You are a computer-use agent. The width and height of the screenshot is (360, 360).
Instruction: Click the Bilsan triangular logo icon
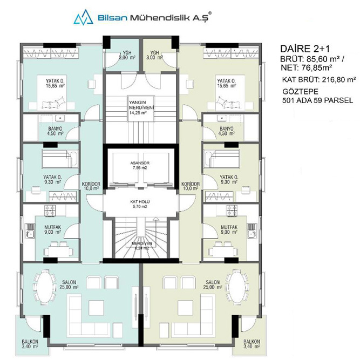point(83,17)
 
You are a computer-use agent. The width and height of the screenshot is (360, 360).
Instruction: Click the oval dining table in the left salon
point(45,286)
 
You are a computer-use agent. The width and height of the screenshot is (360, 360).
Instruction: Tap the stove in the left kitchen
point(50,210)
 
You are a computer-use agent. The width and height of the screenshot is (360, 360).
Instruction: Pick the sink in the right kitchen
point(253,231)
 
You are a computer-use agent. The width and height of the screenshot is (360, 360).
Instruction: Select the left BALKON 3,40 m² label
point(30,344)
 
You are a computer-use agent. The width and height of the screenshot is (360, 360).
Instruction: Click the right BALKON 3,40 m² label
point(252,344)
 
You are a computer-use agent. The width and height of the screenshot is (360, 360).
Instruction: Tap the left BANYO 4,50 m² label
point(55,131)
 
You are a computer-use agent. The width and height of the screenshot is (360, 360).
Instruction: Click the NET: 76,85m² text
point(307,67)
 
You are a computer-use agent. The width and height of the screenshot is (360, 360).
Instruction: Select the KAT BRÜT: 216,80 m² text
point(319,80)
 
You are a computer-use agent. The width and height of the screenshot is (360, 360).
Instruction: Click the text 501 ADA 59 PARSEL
point(317,100)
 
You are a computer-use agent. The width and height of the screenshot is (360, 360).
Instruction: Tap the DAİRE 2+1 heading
point(305,49)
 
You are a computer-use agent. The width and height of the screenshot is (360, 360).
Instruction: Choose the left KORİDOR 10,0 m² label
point(91,186)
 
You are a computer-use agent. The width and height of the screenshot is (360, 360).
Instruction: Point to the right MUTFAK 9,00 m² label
point(229,229)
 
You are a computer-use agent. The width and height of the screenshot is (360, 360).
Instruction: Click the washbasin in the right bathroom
point(221,118)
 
